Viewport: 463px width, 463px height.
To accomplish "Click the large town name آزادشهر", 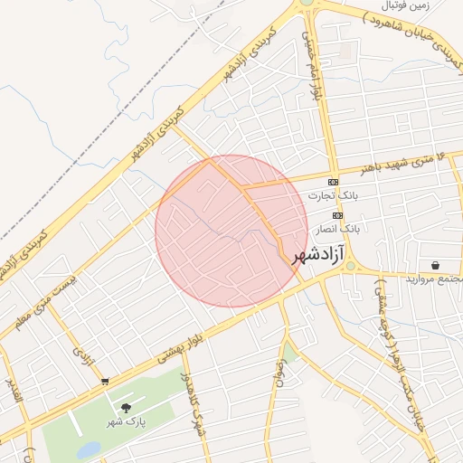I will (x=320, y=257).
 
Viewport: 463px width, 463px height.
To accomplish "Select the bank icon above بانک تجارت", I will (x=334, y=182).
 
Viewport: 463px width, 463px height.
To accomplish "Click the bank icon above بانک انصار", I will (x=337, y=215).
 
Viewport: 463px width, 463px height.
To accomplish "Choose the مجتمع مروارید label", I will (x=432, y=279).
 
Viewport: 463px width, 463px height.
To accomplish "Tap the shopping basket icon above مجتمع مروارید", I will (x=437, y=265).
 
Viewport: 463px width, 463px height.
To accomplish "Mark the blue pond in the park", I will (x=88, y=449).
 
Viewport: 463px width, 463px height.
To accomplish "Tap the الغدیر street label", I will (x=12, y=392).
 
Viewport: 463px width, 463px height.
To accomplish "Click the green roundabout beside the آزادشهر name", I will (x=352, y=267).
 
